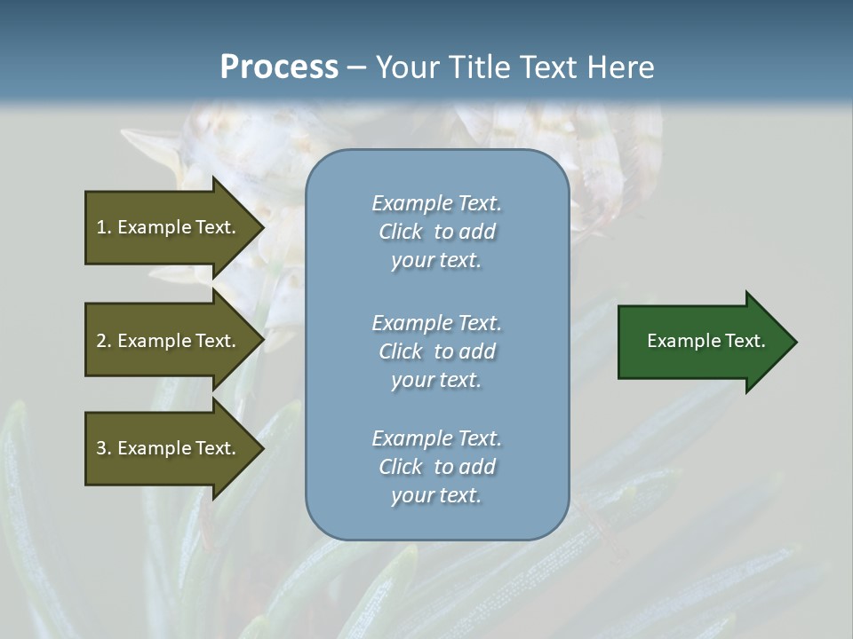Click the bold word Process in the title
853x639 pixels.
coord(279,67)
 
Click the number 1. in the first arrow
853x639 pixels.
coord(104,227)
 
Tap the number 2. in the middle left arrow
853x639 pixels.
coord(104,341)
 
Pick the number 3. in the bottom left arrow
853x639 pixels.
coord(104,448)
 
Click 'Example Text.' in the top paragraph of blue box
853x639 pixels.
coord(436,203)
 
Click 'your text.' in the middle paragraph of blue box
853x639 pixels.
coord(436,379)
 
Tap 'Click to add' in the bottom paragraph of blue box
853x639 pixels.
coord(436,467)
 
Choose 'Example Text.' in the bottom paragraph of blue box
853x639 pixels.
coord(436,438)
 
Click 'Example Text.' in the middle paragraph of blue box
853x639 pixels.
coord(436,322)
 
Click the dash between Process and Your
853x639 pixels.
coord(356,67)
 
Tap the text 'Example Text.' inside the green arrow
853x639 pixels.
coord(706,341)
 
